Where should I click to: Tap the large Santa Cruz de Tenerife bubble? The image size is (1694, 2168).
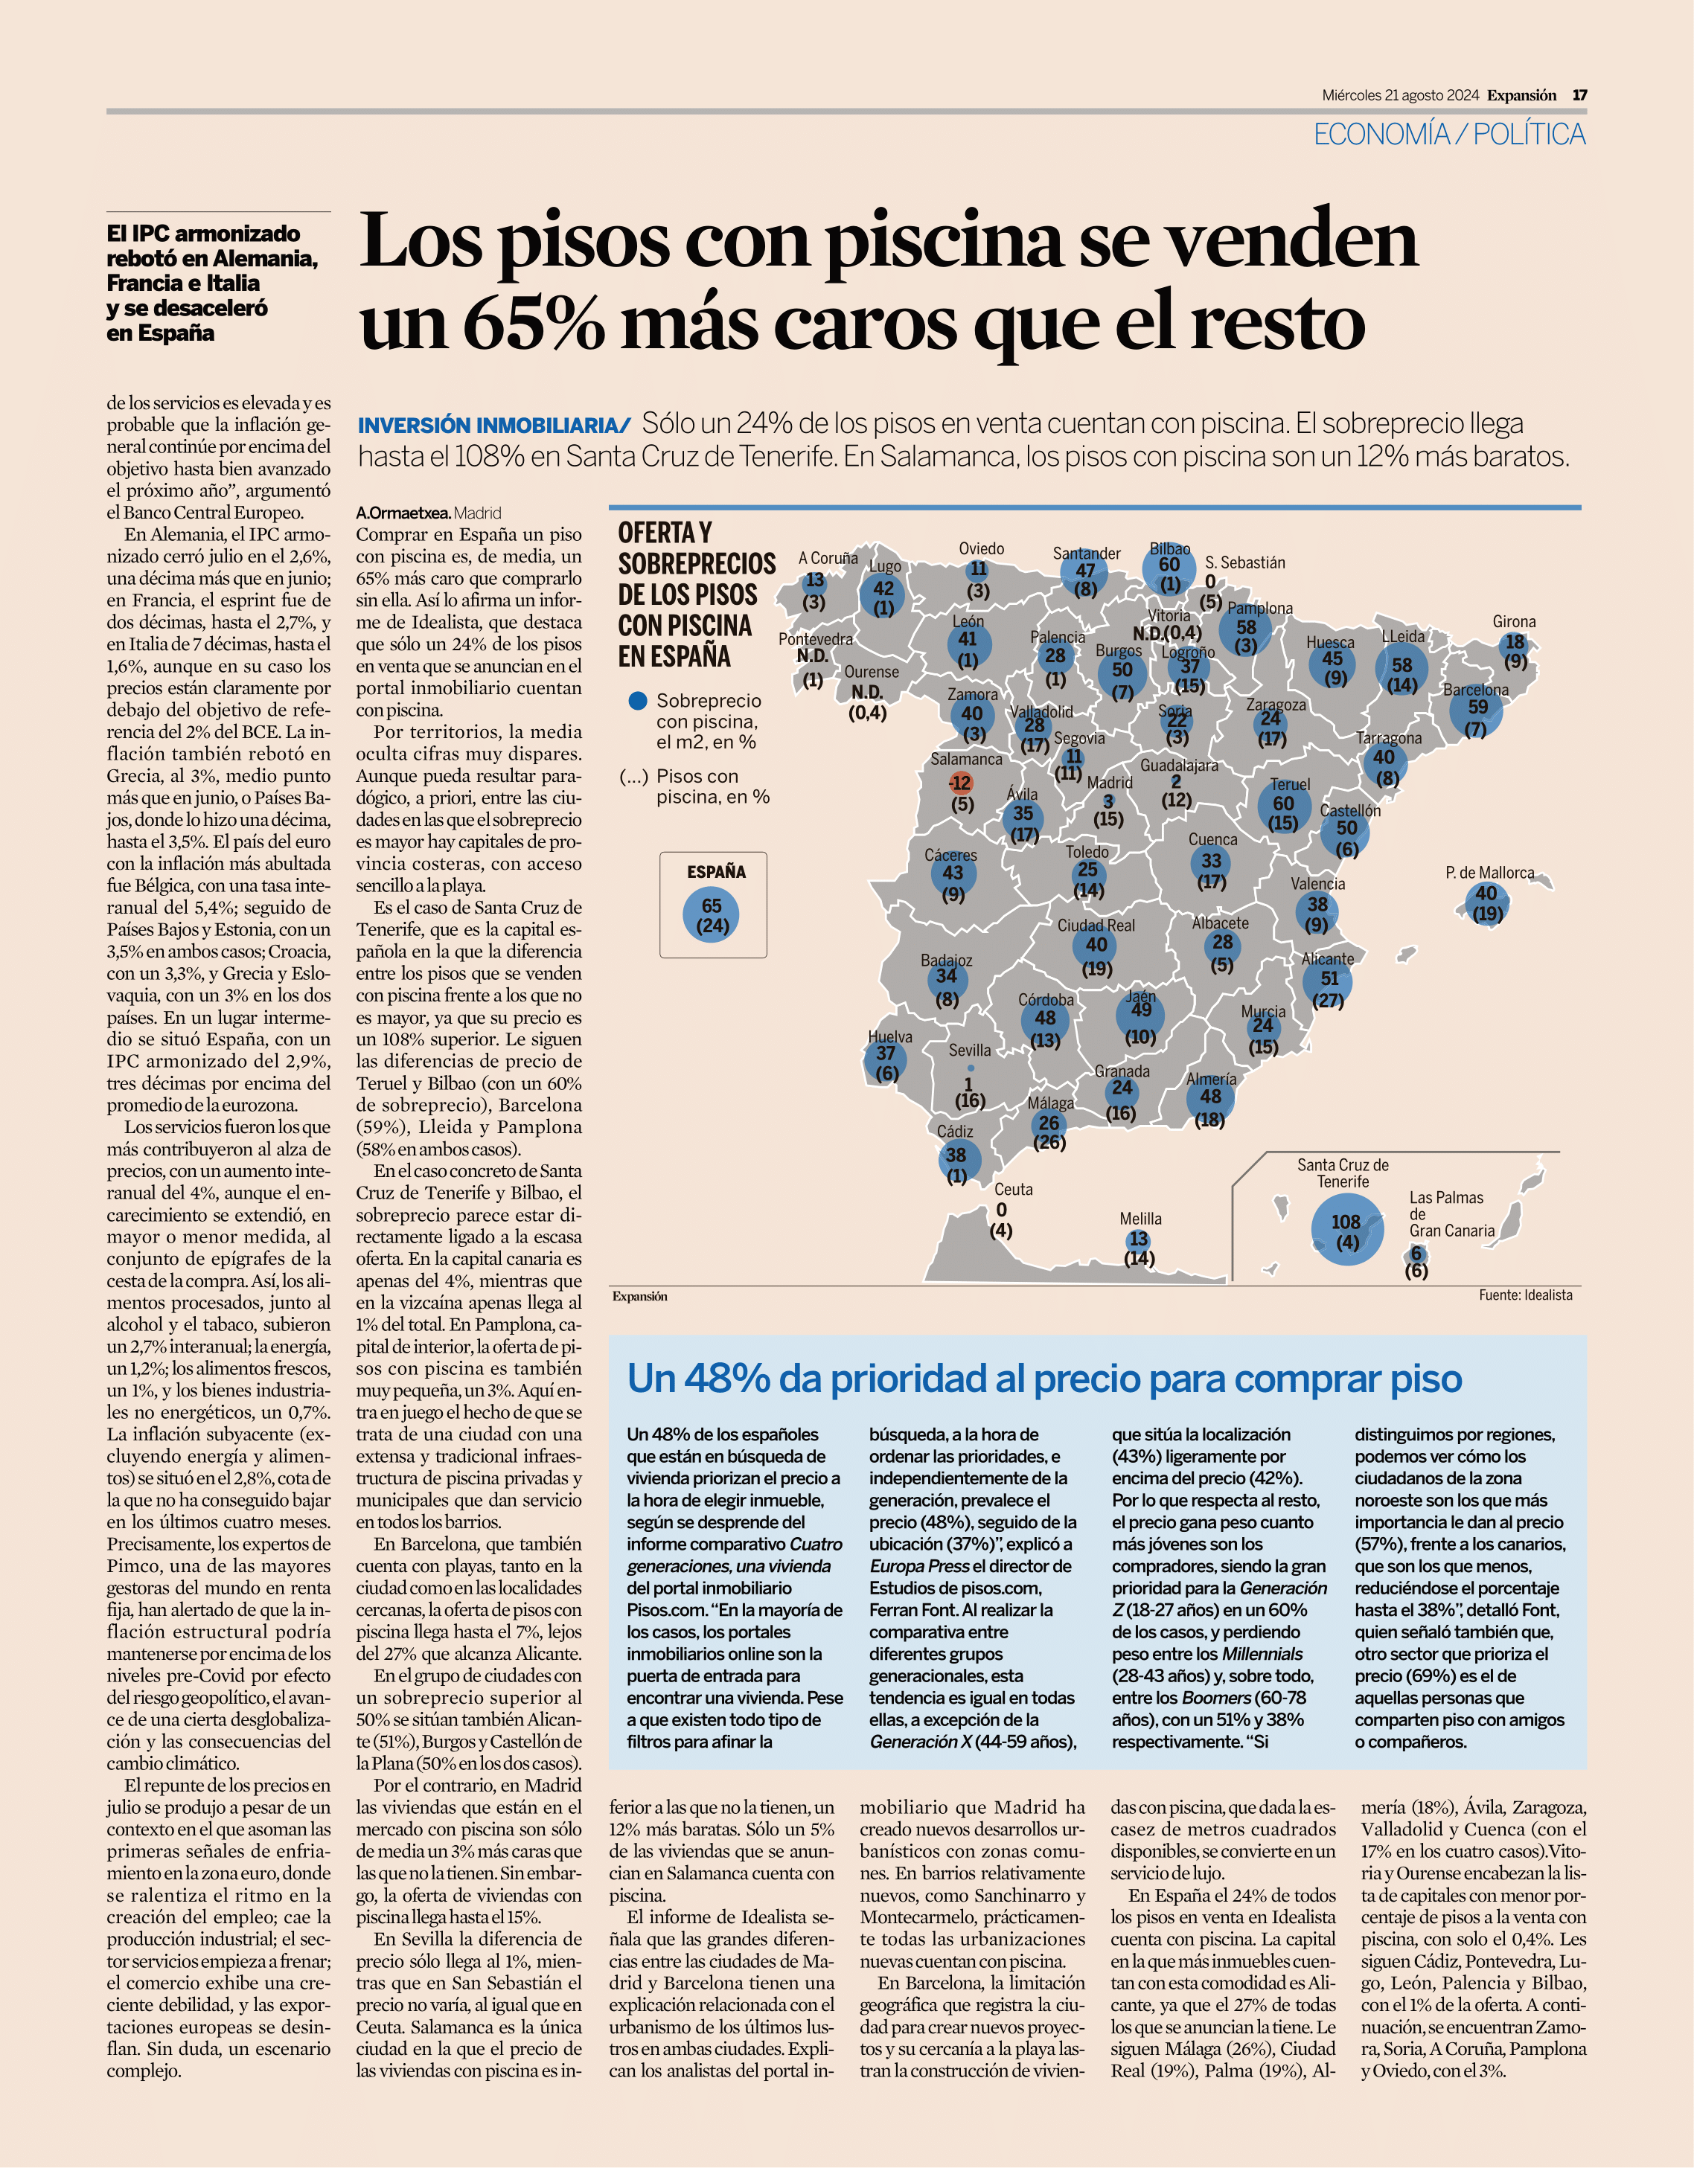1346,1228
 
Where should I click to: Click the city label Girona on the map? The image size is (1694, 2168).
1513,621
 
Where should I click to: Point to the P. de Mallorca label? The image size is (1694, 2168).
1489,873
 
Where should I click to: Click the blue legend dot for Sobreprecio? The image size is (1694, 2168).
639,701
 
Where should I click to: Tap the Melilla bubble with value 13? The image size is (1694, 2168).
1139,1239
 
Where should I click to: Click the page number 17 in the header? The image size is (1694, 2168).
1580,95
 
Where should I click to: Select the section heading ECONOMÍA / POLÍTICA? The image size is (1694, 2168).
1450,134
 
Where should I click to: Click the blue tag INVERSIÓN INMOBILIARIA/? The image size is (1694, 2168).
494,426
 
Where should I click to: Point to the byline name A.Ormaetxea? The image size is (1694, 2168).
403,513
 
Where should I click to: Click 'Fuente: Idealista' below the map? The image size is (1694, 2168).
1525,1295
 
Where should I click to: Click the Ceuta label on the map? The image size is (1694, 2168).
1014,1189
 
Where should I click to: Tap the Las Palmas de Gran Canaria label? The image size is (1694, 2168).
1451,1214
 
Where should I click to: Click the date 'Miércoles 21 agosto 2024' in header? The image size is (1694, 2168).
1400,95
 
